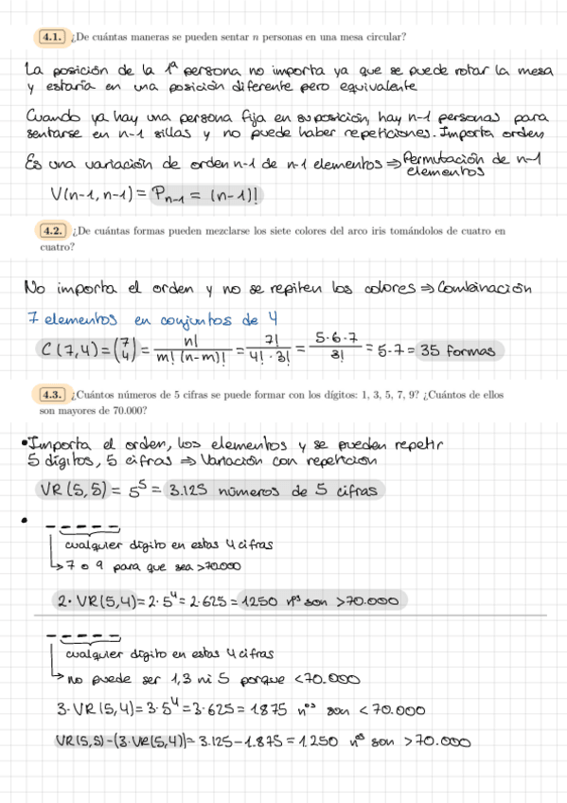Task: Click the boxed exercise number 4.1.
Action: pyautogui.click(x=51, y=37)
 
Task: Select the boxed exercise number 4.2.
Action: pyautogui.click(x=51, y=230)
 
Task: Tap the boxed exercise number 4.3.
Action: pyautogui.click(x=51, y=395)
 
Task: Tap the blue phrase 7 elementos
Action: pyautogui.click(x=64, y=319)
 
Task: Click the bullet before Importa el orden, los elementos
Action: pyautogui.click(x=23, y=443)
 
